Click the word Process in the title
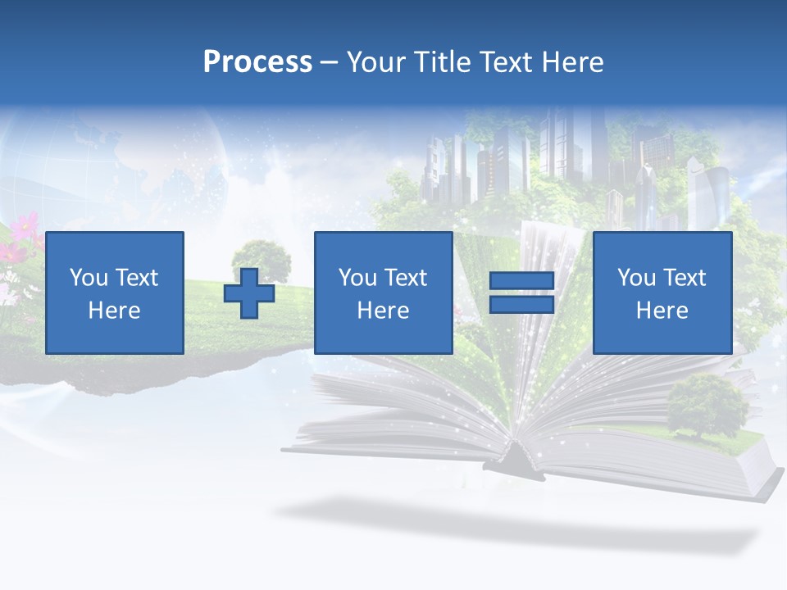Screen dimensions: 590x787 coord(257,62)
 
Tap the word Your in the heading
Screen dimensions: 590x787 coord(374,62)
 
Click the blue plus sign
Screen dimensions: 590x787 coord(249,293)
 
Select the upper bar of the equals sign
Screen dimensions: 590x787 coord(521,281)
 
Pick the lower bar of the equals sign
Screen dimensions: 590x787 coord(521,304)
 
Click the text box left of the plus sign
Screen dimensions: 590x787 coord(114,293)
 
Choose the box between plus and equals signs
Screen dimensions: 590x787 coord(383,293)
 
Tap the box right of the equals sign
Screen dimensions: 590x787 coord(662,293)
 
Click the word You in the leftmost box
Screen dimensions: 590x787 coord(87,277)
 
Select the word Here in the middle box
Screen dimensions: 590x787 coord(383,310)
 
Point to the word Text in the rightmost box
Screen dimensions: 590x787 coord(685,277)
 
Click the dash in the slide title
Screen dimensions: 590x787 coord(330,62)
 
